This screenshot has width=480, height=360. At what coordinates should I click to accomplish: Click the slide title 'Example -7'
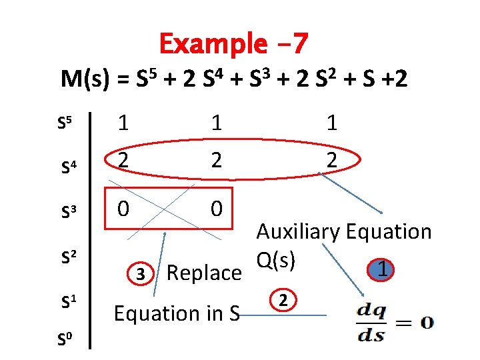[233, 44]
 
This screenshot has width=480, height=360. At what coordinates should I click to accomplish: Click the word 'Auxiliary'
[299, 232]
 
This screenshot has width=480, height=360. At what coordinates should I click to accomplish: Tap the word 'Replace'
[204, 273]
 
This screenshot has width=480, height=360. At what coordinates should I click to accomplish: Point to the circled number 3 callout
[140, 273]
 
